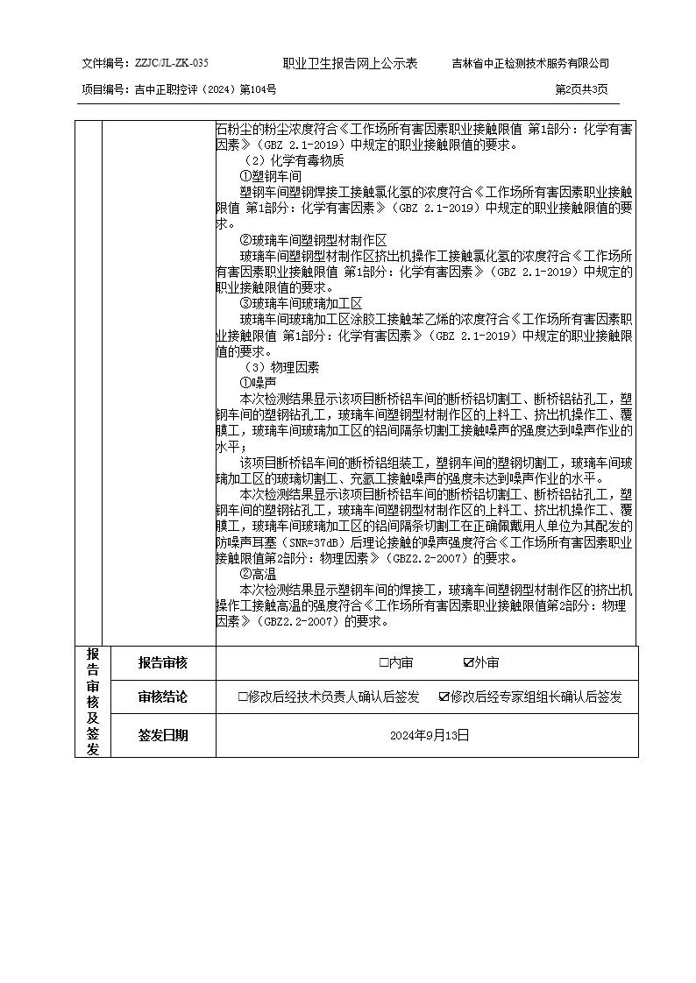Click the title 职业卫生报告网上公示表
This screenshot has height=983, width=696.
(350, 63)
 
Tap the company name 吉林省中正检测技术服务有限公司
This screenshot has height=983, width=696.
(530, 63)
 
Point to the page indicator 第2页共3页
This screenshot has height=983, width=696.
(581, 89)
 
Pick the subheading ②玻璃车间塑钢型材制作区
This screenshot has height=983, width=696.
(313, 239)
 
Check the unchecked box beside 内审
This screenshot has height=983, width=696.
(384, 663)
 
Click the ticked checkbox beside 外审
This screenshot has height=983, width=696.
(468, 663)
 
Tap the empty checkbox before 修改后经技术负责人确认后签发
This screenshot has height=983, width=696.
(243, 697)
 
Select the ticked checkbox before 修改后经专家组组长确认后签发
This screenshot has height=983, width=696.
(444, 697)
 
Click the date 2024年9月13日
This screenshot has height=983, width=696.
(430, 735)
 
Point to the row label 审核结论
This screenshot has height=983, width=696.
(162, 697)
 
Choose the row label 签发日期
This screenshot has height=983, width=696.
(162, 735)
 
